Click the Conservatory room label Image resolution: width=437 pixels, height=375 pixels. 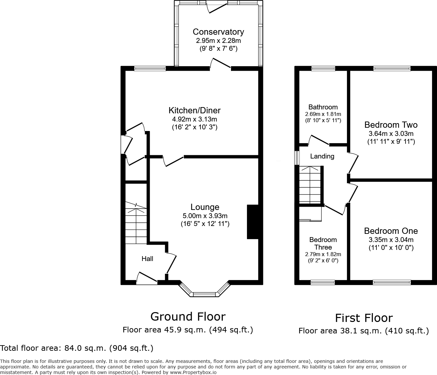click(x=218, y=32)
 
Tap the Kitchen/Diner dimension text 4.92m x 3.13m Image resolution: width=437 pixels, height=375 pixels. click(x=195, y=119)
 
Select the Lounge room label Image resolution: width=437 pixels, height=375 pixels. click(x=205, y=207)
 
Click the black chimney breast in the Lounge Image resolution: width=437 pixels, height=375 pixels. click(x=253, y=222)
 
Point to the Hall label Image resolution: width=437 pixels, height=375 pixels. click(x=147, y=259)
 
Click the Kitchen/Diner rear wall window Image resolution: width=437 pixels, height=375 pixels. click(x=150, y=68)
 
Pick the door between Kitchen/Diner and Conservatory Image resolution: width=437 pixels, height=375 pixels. click(x=221, y=64)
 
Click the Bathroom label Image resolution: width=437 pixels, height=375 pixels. click(x=323, y=107)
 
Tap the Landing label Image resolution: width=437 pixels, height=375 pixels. click(x=322, y=156)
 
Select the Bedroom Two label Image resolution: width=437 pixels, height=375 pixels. click(x=391, y=125)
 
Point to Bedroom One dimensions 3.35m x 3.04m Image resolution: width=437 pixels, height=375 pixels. click(x=391, y=240)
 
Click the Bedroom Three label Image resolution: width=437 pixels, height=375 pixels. click(x=323, y=243)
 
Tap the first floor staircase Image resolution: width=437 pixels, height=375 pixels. click(x=309, y=185)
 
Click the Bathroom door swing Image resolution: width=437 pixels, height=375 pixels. click(x=319, y=140)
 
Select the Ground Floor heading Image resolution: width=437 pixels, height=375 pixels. click(x=188, y=317)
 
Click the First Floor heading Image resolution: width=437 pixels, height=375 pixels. click(x=364, y=318)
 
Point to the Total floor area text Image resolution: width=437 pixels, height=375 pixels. click(x=77, y=348)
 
